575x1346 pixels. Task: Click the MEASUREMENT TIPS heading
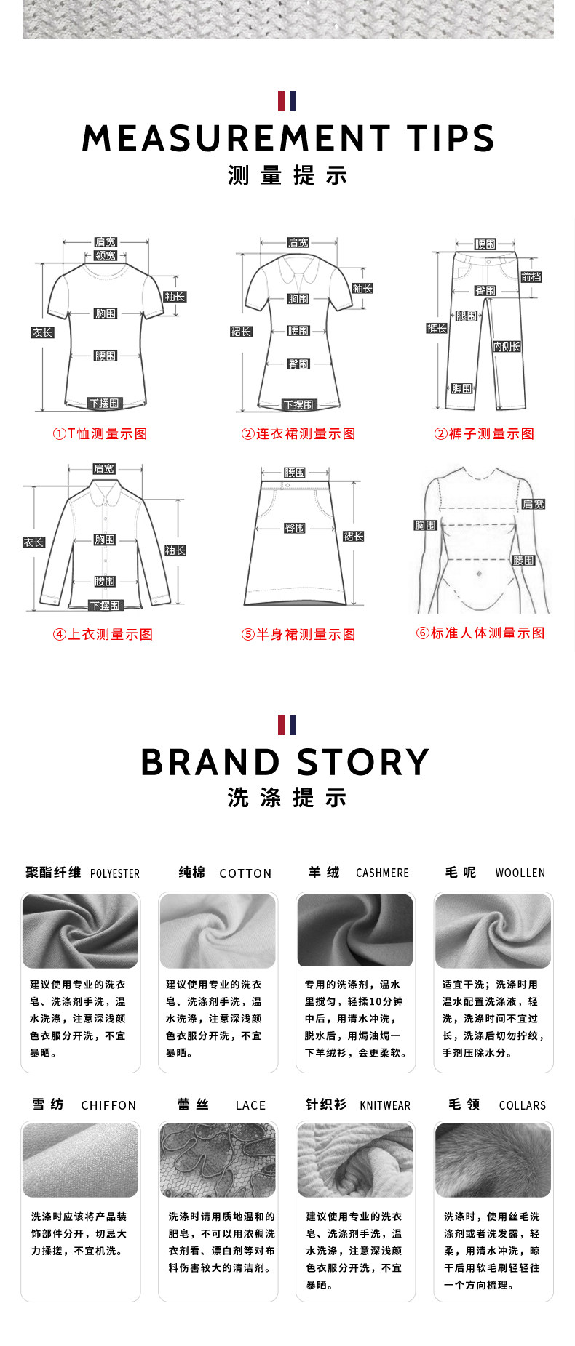tap(287, 138)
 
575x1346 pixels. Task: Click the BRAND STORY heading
tap(285, 762)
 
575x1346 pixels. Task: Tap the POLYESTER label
tap(115, 873)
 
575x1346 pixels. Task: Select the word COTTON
tap(245, 873)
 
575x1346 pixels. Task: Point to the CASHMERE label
tap(382, 873)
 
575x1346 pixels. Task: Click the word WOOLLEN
tap(520, 873)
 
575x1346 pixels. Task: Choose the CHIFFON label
tap(108, 1105)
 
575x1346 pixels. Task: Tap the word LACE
tap(250, 1105)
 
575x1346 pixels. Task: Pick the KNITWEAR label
tap(385, 1105)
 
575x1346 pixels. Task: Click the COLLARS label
tap(522, 1105)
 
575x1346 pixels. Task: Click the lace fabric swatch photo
tap(218, 1160)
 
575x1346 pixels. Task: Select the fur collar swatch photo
tap(493, 1160)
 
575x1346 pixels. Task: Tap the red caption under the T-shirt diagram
tap(100, 434)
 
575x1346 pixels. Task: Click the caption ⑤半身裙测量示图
tap(298, 635)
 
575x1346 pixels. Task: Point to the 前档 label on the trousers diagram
tap(531, 277)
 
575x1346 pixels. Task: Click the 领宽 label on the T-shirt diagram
tap(106, 256)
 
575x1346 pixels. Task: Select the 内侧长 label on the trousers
tap(507, 347)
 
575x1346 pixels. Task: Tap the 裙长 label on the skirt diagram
tap(354, 537)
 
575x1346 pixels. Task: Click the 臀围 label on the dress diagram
tap(298, 364)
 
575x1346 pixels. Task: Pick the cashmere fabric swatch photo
tap(355, 930)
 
